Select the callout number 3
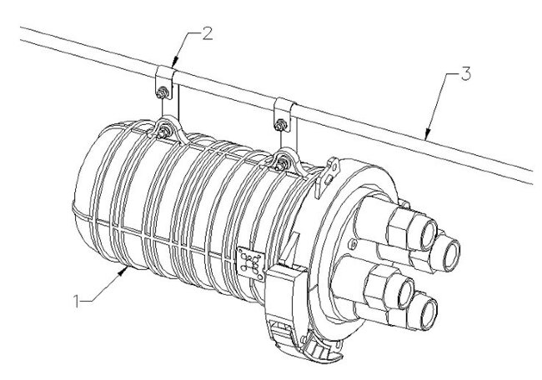(468, 75)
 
